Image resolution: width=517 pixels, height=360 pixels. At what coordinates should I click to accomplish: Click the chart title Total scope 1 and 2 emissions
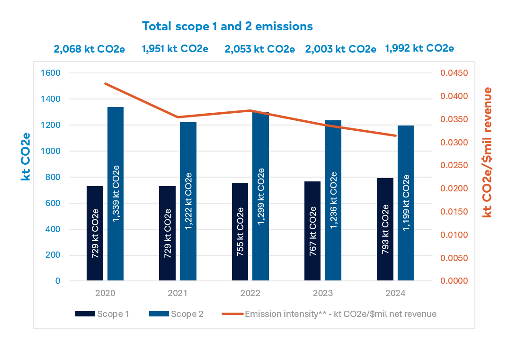[227, 26]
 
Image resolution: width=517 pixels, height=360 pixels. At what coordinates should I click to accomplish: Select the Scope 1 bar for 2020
[95, 233]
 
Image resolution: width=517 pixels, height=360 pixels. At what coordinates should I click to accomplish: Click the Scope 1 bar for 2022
[240, 232]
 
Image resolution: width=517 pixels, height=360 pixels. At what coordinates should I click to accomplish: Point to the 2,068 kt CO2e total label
[89, 49]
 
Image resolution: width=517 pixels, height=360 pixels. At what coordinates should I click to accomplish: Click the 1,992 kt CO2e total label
[419, 48]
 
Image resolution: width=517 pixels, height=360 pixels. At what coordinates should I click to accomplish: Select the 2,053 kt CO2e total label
[259, 49]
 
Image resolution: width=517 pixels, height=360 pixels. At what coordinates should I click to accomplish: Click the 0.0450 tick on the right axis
[454, 73]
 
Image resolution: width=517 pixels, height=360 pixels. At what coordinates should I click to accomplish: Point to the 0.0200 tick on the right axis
[454, 189]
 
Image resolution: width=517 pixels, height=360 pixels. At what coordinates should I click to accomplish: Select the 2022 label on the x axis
[250, 294]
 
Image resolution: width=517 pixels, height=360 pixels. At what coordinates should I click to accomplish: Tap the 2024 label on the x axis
[395, 294]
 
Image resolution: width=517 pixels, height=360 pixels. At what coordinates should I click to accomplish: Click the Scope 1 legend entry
[102, 314]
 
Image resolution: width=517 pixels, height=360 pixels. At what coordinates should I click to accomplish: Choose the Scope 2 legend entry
[176, 314]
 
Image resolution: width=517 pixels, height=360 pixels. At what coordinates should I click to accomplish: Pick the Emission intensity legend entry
[329, 314]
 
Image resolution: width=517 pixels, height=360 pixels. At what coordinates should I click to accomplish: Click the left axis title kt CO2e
[26, 156]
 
